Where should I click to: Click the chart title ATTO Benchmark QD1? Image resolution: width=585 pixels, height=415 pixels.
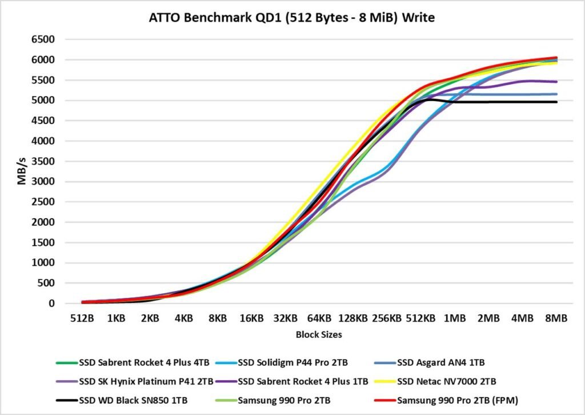pos(292,18)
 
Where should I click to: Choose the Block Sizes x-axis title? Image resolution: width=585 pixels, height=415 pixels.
pos(319,335)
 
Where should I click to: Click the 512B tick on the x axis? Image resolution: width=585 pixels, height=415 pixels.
pos(82,319)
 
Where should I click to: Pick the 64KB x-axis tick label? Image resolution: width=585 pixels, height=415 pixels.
pos(319,319)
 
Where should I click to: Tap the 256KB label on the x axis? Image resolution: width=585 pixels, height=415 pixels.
pos(387,319)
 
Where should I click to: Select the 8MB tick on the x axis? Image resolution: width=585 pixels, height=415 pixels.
pos(556,319)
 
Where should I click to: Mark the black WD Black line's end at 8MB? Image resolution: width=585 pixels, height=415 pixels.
pos(556,102)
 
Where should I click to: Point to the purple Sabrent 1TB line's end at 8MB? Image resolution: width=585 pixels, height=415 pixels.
pos(556,82)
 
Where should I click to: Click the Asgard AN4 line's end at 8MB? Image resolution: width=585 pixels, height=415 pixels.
pos(556,94)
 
